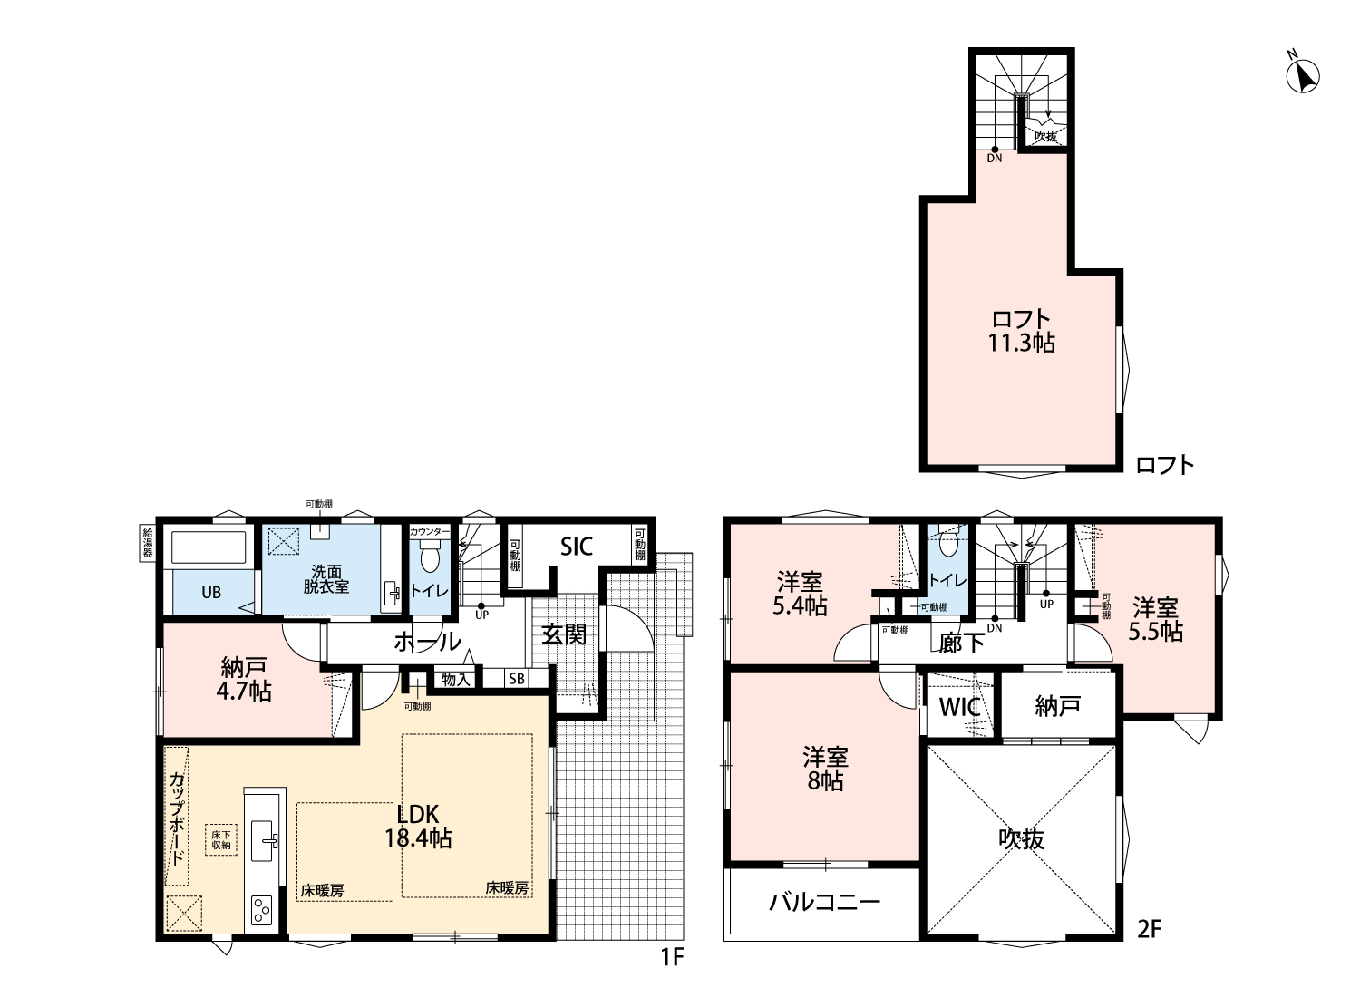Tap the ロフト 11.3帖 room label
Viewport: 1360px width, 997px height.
(1021, 331)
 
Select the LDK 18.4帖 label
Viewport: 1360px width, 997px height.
(418, 826)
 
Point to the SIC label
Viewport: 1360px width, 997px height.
(576, 547)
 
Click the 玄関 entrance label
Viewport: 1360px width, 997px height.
(564, 634)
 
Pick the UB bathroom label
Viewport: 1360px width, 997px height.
(211, 592)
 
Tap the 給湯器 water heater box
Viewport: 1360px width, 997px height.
(148, 543)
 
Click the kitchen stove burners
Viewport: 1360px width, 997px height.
(262, 910)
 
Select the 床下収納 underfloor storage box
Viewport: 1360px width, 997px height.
(221, 840)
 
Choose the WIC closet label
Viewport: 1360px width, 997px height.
(960, 707)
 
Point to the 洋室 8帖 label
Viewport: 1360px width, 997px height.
(825, 769)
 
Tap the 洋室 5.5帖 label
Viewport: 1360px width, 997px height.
(1155, 620)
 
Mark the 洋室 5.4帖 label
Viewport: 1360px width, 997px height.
(800, 594)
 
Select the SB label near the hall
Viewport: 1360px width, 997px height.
(517, 679)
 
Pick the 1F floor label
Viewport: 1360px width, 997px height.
(673, 957)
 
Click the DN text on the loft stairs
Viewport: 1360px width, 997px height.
(995, 159)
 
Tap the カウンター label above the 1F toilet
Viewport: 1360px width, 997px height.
(429, 532)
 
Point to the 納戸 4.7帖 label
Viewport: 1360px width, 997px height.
(244, 680)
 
